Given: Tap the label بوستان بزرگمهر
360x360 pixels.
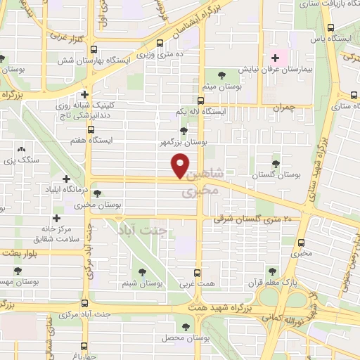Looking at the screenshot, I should (184, 142).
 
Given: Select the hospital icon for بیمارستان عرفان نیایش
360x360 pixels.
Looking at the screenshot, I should (275, 58).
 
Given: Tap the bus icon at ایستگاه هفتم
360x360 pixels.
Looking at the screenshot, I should (91, 130).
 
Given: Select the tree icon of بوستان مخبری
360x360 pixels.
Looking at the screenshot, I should (95, 193).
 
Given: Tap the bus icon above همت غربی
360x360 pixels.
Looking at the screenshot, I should (197, 272).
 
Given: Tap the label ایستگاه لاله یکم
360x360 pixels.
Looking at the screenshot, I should (202, 112).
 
